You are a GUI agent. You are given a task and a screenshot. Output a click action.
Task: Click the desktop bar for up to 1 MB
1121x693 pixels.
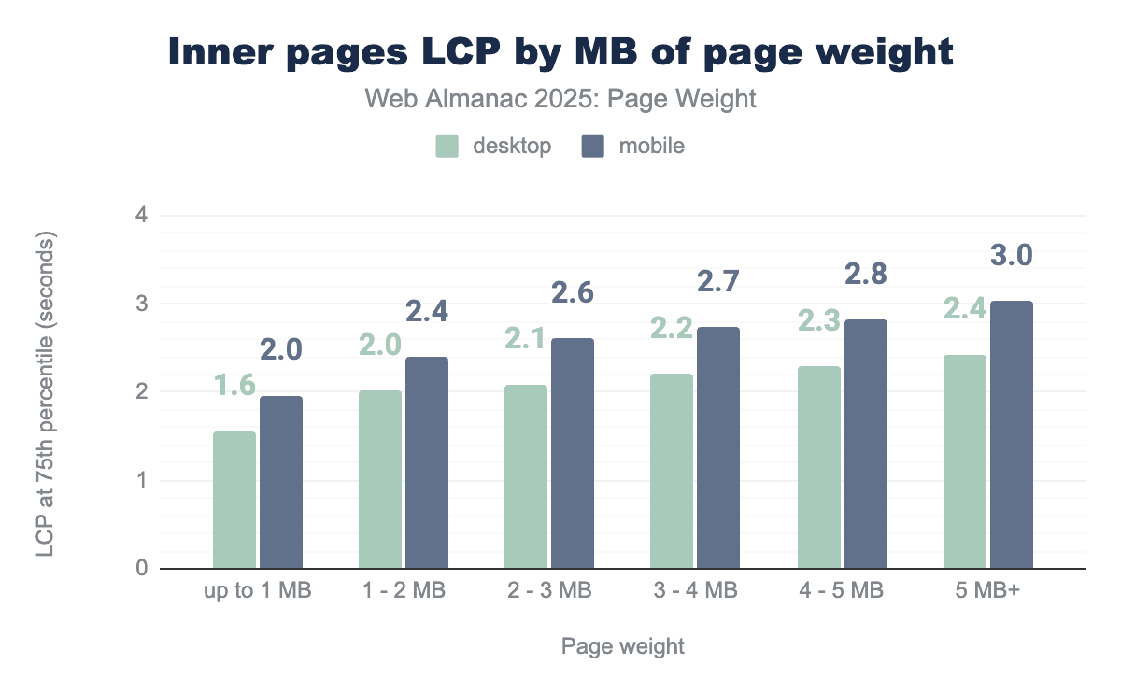234,500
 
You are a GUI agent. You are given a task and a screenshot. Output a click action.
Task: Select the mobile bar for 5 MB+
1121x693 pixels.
1012,434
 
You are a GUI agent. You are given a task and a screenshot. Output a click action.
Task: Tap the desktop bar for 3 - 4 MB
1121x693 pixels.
672,471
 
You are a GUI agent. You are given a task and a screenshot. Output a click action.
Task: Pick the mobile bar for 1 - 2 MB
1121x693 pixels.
427,462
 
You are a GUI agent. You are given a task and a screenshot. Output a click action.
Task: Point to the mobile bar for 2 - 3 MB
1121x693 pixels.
573,453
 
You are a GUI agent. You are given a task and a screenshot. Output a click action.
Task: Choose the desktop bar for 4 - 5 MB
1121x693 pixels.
818,467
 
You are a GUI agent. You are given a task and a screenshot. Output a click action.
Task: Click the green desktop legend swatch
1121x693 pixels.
447,147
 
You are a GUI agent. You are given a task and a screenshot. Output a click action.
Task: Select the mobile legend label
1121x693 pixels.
651,147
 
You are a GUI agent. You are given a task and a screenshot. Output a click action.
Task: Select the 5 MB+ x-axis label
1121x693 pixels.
988,592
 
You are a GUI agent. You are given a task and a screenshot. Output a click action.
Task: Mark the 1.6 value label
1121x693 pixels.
235,386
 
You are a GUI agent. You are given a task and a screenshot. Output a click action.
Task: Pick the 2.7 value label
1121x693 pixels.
720,282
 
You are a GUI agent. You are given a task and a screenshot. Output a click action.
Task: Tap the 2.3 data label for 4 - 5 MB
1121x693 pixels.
819,320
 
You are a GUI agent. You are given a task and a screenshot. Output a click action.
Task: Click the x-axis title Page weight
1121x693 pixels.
623,646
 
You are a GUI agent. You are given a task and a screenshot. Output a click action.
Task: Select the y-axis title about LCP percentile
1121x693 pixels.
47,392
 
